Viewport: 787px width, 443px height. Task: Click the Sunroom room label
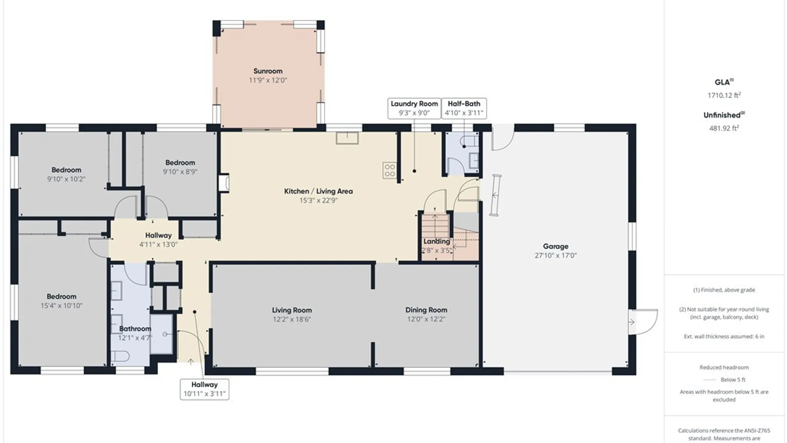pyautogui.click(x=268, y=71)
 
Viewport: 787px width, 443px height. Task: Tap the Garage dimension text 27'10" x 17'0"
pyautogui.click(x=555, y=255)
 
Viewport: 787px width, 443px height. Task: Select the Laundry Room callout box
pyautogui.click(x=414, y=108)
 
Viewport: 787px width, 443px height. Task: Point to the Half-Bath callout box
pyautogui.click(x=464, y=108)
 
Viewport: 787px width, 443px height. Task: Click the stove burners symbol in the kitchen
pyautogui.click(x=389, y=170)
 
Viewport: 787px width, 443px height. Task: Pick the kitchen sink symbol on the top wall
pyautogui.click(x=347, y=138)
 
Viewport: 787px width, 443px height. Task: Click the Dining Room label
pyautogui.click(x=426, y=310)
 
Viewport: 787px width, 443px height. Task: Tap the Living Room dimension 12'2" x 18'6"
pyautogui.click(x=292, y=319)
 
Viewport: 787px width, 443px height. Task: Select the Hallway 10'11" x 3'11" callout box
pyautogui.click(x=205, y=389)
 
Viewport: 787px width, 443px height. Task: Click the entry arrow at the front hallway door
pyautogui.click(x=191, y=361)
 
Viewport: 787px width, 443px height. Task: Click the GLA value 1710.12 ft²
pyautogui.click(x=724, y=95)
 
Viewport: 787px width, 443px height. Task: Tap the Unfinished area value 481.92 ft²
pyautogui.click(x=724, y=128)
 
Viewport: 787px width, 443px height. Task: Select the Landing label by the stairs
pyautogui.click(x=437, y=241)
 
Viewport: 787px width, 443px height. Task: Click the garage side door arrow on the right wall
pyautogui.click(x=632, y=322)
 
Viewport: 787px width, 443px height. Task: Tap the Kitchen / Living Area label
pyautogui.click(x=318, y=191)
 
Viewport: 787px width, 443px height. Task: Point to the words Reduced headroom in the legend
pyautogui.click(x=724, y=368)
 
